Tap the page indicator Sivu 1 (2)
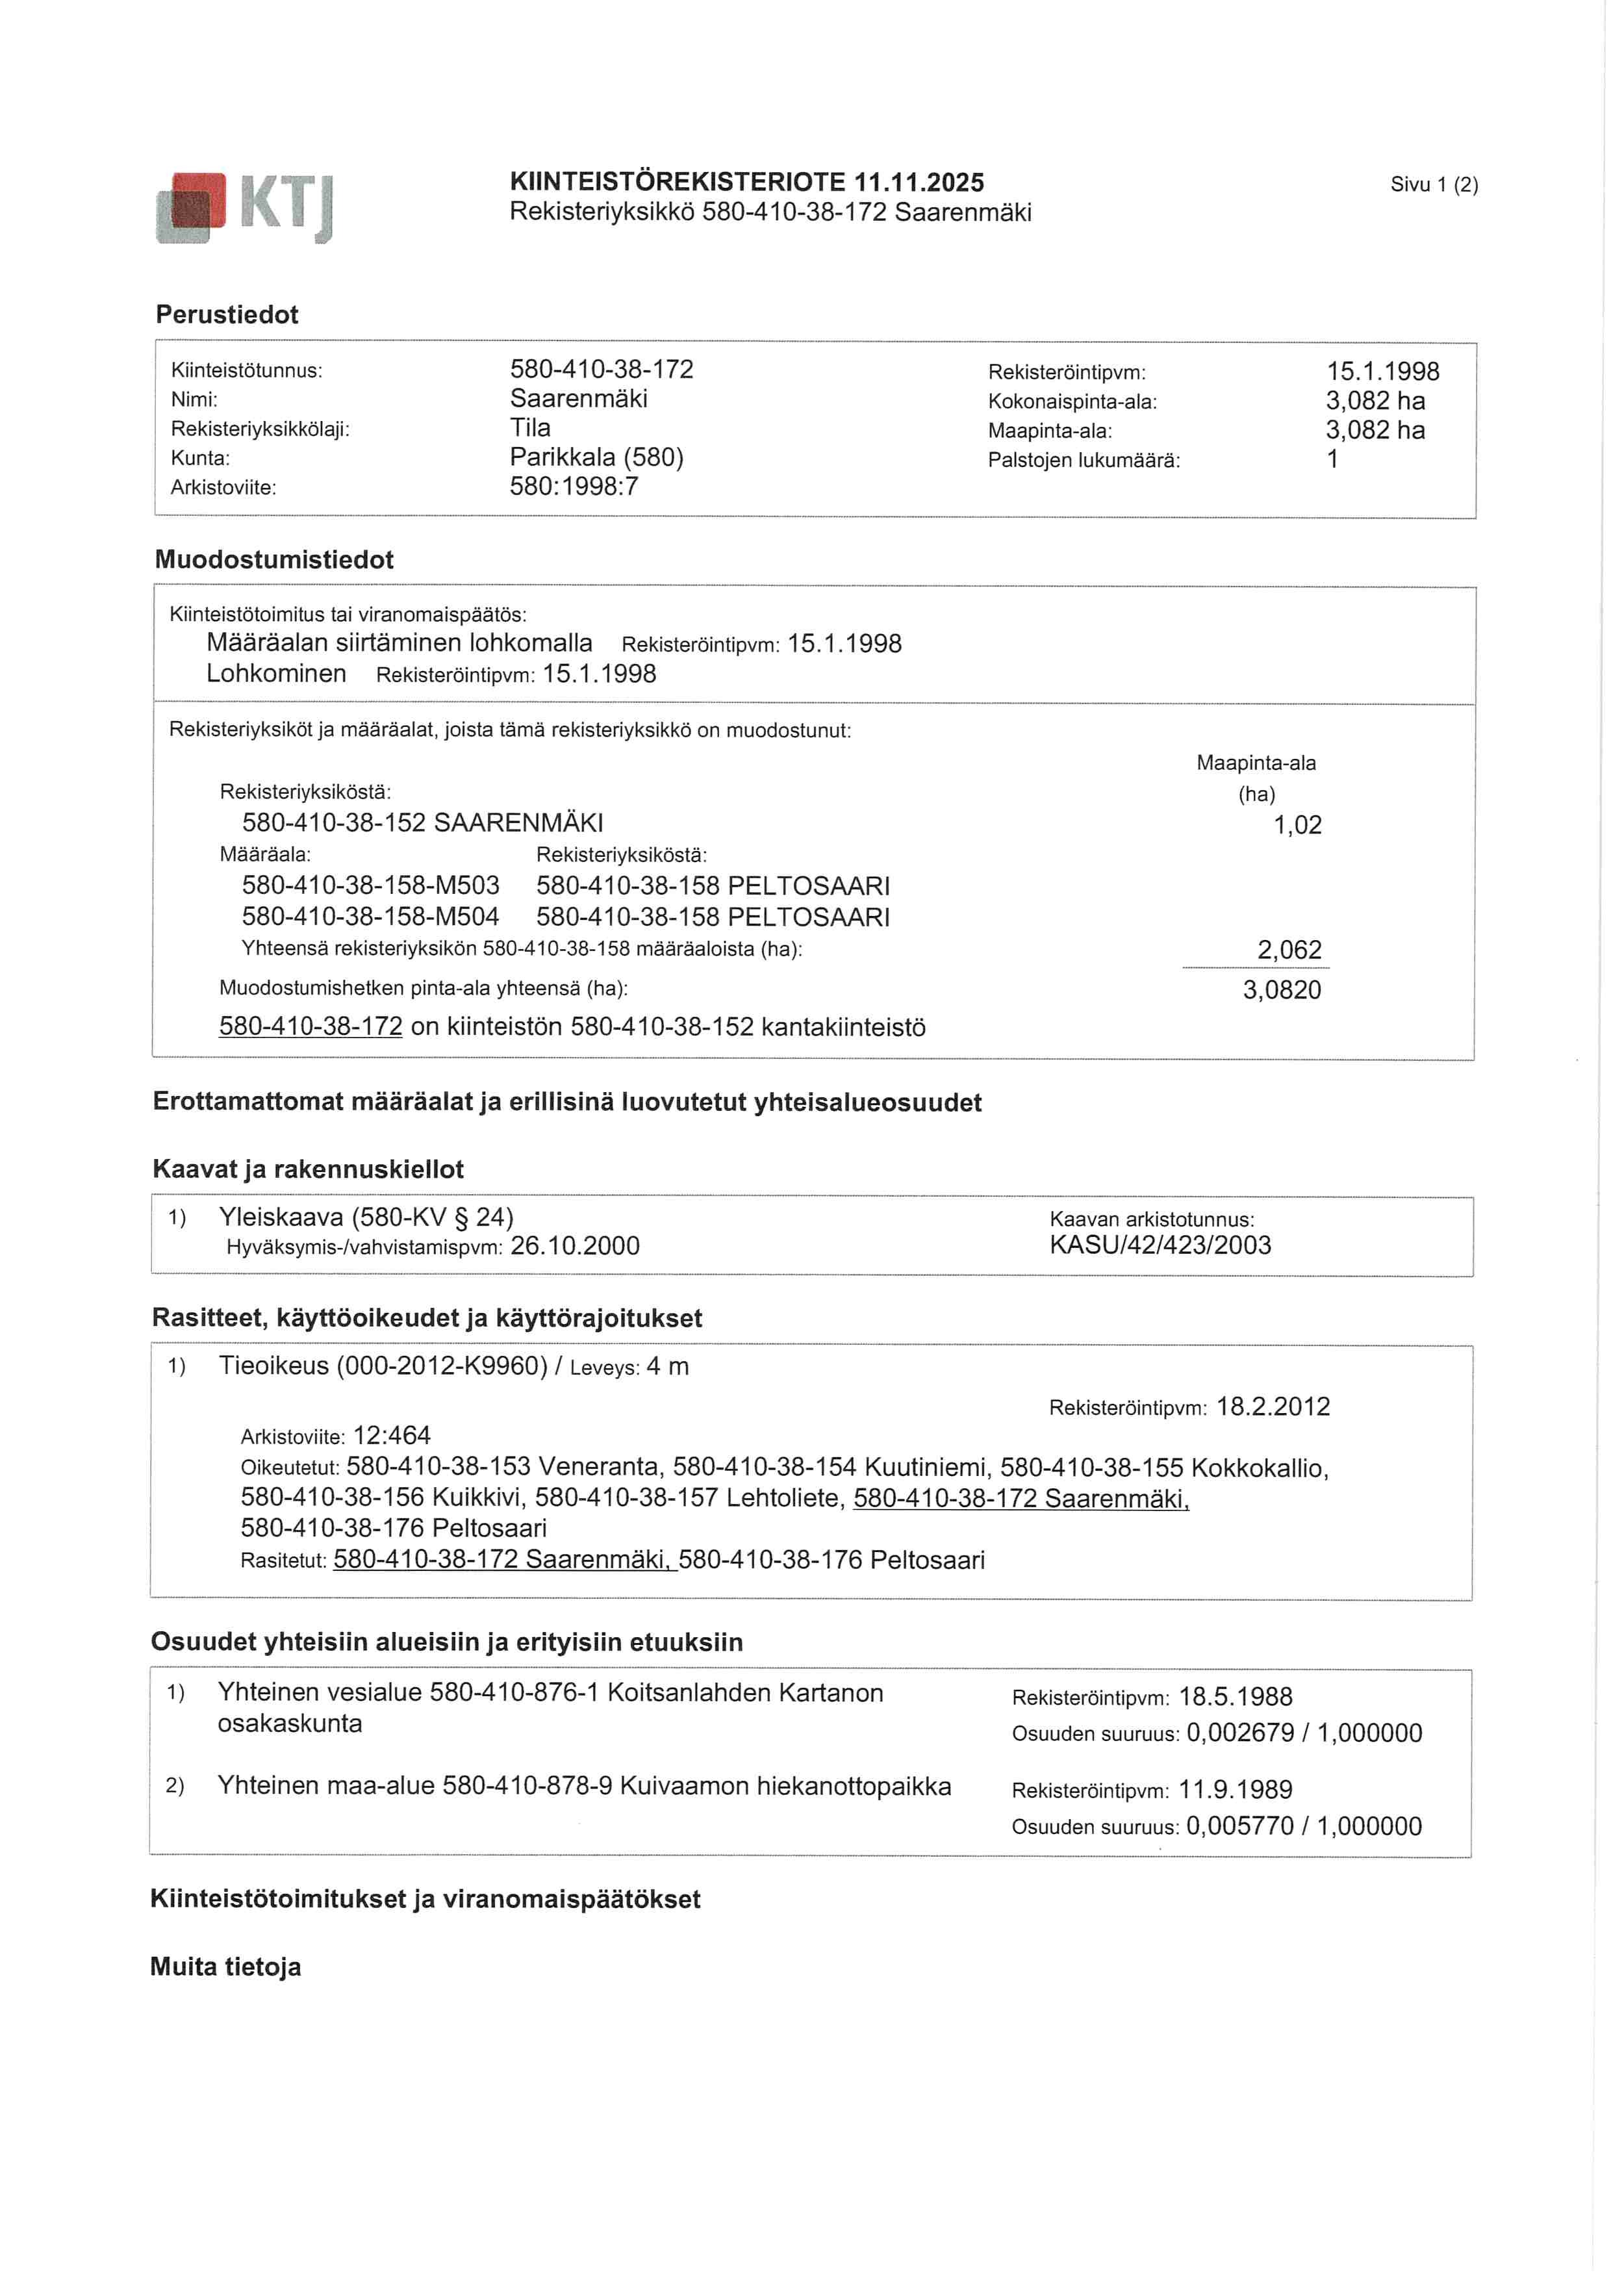point(1433,185)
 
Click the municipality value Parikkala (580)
point(596,457)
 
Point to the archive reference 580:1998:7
point(574,487)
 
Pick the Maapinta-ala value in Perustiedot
point(1375,430)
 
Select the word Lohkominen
point(276,674)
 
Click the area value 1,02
point(1297,825)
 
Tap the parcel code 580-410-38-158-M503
point(370,885)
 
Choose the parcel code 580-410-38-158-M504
point(370,916)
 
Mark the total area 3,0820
point(1282,989)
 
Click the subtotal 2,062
point(1289,950)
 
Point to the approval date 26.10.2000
point(575,1245)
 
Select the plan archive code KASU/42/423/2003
point(1160,1245)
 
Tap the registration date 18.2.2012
point(1273,1407)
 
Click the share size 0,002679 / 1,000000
point(1303,1733)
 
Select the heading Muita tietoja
point(225,1967)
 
